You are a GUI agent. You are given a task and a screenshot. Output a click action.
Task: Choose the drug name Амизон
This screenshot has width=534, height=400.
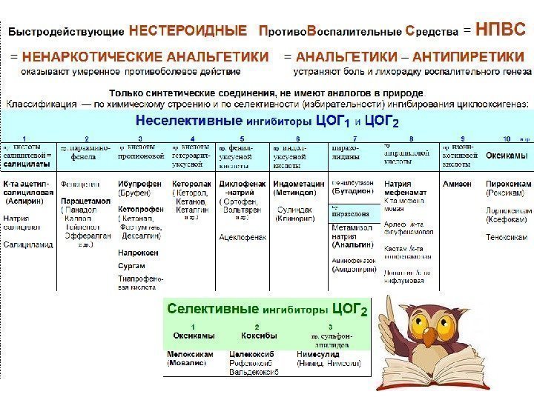tap(458, 184)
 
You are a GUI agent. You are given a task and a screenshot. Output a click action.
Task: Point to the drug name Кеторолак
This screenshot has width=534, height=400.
tap(192, 184)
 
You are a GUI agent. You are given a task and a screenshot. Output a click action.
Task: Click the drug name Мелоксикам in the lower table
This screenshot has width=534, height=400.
tap(191, 355)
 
